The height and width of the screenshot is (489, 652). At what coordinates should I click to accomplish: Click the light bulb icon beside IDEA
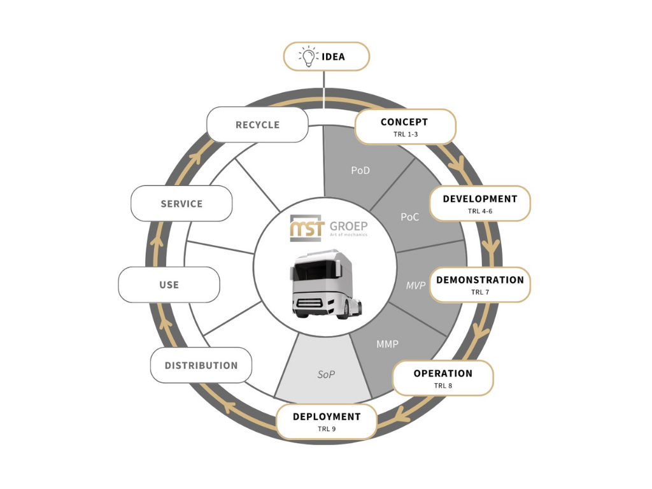[308, 56]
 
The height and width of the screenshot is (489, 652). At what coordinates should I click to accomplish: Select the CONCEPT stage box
[405, 126]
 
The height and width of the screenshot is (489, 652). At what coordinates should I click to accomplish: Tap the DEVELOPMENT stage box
[479, 203]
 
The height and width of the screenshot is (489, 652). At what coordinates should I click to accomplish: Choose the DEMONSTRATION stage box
[479, 284]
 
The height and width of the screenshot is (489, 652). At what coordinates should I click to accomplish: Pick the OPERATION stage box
[443, 378]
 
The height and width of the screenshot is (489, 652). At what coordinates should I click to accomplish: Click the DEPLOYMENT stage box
[327, 421]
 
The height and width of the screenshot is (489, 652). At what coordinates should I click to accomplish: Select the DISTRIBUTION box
[201, 365]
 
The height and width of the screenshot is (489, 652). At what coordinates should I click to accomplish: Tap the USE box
[169, 284]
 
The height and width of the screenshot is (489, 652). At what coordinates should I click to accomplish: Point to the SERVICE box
[181, 203]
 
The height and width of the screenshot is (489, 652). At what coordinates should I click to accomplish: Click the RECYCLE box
[257, 124]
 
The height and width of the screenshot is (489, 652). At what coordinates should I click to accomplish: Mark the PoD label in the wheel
[360, 171]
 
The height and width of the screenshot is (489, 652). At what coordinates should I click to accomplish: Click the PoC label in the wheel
[409, 217]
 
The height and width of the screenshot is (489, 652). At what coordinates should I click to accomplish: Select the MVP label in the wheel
[416, 285]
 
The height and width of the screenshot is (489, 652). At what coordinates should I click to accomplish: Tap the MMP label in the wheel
[387, 344]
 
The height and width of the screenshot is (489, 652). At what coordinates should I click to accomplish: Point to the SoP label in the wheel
[326, 374]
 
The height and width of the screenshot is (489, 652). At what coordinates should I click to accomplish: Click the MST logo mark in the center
[306, 228]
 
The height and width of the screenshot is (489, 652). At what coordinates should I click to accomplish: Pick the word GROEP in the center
[348, 226]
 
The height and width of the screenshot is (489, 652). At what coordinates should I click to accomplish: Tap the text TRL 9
[327, 429]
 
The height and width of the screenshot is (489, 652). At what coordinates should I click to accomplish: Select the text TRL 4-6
[480, 211]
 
